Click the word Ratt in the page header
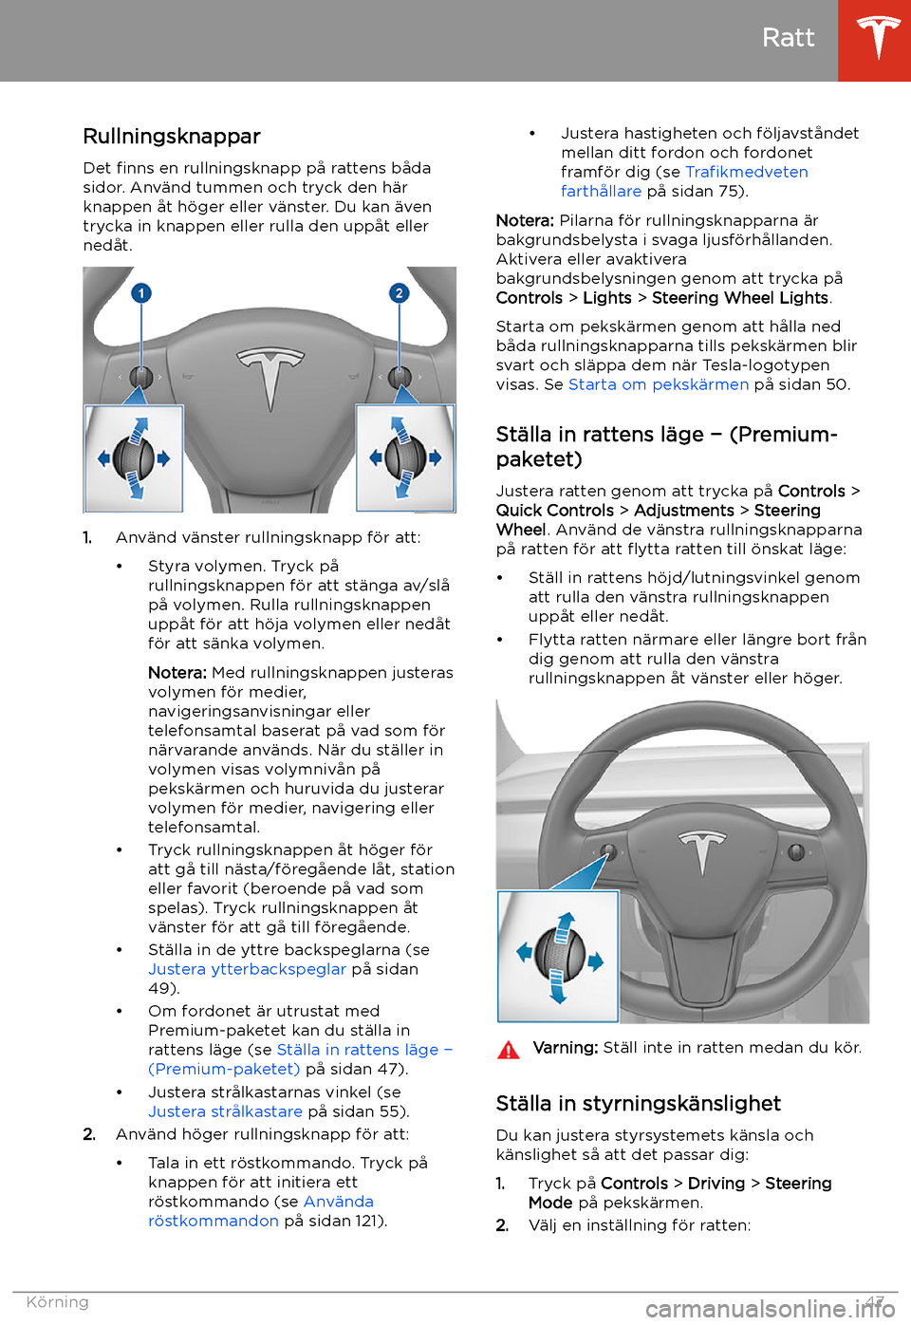[x=788, y=38]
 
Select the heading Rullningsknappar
[x=172, y=137]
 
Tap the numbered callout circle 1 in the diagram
[x=141, y=293]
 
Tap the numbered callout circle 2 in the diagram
[x=399, y=293]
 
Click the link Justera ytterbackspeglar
[x=247, y=969]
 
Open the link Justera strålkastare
[x=225, y=1111]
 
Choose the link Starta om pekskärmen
[x=659, y=384]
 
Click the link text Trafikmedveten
[x=747, y=172]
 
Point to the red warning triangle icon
[x=509, y=1050]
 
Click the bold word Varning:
[x=566, y=1048]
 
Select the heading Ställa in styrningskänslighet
[x=638, y=1104]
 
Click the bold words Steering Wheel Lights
[x=740, y=298]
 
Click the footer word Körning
[x=58, y=1302]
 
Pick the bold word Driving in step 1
[x=716, y=1184]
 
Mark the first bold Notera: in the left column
[x=177, y=673]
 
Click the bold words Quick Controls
[x=555, y=511]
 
